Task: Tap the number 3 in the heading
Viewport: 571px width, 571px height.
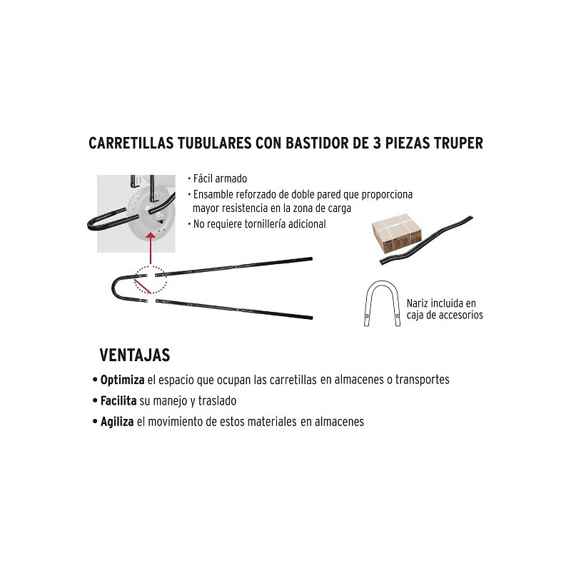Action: pyautogui.click(x=377, y=143)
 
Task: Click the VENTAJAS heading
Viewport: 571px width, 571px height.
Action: pyautogui.click(x=135, y=355)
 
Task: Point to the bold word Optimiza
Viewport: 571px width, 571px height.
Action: pyautogui.click(x=122, y=380)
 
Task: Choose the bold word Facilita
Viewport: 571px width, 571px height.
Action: pyautogui.click(x=118, y=401)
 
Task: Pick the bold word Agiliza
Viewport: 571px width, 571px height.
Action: pyautogui.click(x=117, y=422)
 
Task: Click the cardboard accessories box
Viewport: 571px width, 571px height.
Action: pyautogui.click(x=397, y=234)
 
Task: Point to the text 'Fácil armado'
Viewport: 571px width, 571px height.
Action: pyautogui.click(x=220, y=179)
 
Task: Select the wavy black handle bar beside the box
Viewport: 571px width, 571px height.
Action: pyautogui.click(x=426, y=241)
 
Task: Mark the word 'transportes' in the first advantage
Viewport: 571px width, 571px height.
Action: pyautogui.click(x=423, y=380)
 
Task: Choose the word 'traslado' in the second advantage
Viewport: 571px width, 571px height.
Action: pyautogui.click(x=218, y=401)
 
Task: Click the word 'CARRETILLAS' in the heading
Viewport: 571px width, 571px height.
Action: pyautogui.click(x=131, y=143)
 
